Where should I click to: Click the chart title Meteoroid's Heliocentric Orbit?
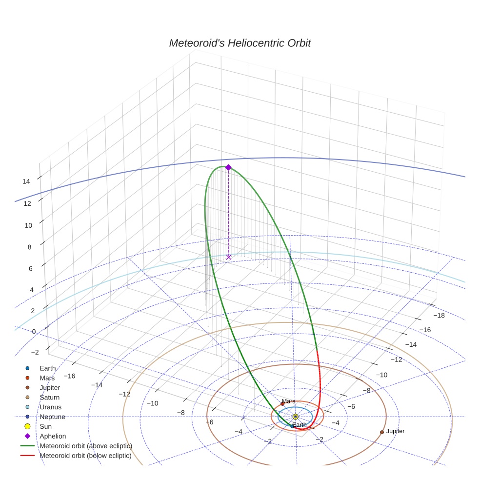tap(240, 43)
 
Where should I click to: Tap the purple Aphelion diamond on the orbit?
tap(228, 167)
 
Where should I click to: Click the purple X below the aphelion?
tap(228, 257)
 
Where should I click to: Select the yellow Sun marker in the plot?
tap(295, 417)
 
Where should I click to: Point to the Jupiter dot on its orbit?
tap(381, 432)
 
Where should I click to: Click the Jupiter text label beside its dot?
tap(395, 431)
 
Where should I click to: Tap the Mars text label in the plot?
tap(289, 401)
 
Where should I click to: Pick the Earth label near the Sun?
tap(300, 425)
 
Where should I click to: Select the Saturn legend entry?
tap(49, 398)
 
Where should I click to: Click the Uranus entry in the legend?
tap(50, 407)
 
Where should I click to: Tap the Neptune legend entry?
tap(52, 417)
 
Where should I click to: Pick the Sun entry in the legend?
tap(45, 426)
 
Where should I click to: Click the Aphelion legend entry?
tap(53, 436)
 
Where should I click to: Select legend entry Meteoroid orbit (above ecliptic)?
tap(85, 446)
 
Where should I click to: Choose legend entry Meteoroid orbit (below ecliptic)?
tap(85, 456)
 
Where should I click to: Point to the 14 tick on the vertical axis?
tap(26, 181)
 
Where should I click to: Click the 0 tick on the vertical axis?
tap(34, 332)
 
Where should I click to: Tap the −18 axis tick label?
tap(439, 316)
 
